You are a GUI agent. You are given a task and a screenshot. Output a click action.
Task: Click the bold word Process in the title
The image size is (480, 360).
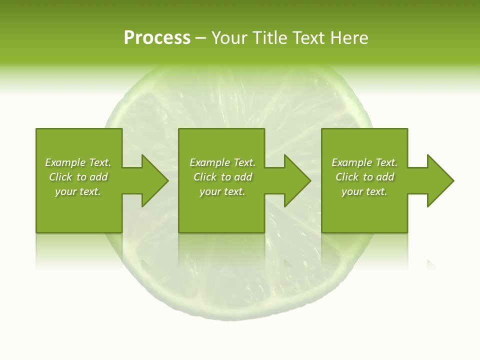pos(157,38)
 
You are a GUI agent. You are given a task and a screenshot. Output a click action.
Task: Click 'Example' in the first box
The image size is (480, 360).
pos(65,162)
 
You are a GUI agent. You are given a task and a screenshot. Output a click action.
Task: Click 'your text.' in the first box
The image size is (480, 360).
pos(78,191)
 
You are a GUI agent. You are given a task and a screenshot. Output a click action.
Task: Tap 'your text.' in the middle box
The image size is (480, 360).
pos(222,191)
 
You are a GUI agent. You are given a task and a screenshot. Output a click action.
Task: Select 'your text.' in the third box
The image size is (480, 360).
pos(364,191)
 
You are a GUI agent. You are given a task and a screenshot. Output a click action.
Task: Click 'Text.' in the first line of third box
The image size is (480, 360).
pos(386,162)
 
